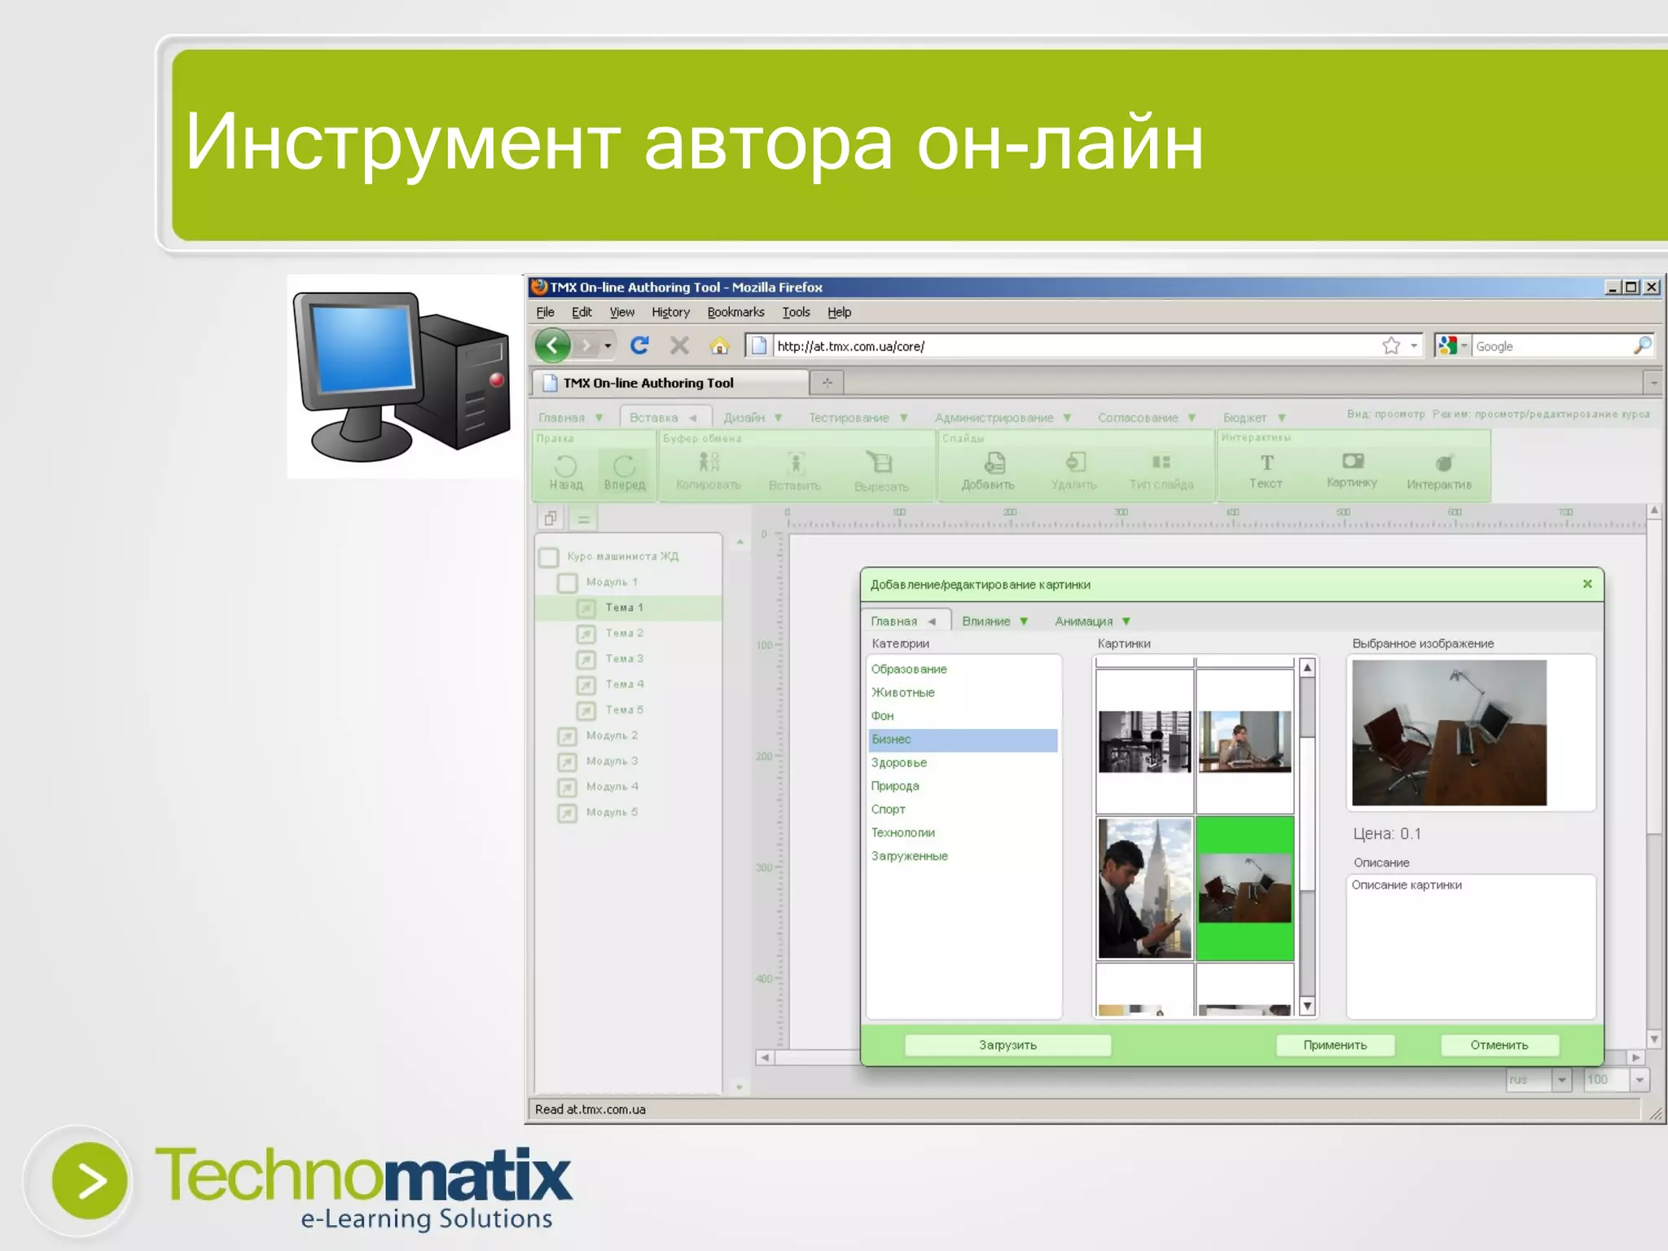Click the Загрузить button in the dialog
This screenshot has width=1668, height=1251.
click(x=1007, y=1045)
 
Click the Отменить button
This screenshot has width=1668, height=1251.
click(x=1499, y=1045)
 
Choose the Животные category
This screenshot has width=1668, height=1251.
click(x=903, y=692)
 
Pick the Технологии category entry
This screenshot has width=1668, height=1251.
click(x=903, y=832)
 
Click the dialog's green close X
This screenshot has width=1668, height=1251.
click(x=1587, y=584)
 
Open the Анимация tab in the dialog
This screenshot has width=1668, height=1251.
click(x=1084, y=621)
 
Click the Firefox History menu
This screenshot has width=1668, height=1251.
click(x=670, y=312)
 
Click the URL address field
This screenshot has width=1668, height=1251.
click(x=1059, y=346)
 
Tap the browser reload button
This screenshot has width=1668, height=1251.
click(x=640, y=346)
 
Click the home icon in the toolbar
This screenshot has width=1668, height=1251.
click(x=719, y=346)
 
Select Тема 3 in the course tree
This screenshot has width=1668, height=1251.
click(x=624, y=658)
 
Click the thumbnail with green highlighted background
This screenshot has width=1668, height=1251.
click(x=1244, y=889)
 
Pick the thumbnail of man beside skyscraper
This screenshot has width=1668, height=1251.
click(x=1144, y=889)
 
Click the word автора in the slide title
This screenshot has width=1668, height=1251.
click(x=768, y=143)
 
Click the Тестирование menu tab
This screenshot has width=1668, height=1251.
click(x=849, y=418)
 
